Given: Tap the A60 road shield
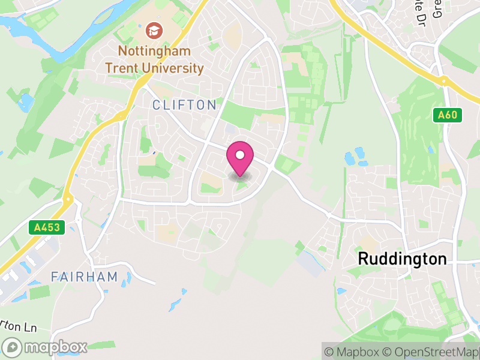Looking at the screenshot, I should click(447, 115).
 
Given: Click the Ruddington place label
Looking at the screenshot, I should click(402, 259).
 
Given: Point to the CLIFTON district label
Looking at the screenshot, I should click(184, 105).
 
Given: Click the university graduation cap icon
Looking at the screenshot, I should click(154, 30).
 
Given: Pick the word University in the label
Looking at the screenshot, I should click(173, 67).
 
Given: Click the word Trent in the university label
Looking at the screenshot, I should click(123, 67).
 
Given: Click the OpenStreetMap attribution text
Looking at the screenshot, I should click(432, 352).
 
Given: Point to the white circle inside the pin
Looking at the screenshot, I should click(240, 155).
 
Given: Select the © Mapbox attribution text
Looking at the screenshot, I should click(353, 352).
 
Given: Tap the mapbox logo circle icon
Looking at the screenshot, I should click(13, 347).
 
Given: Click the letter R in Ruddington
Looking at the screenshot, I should click(362, 259).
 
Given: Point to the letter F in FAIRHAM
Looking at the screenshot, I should click(54, 277).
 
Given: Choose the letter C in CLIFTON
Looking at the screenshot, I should click(157, 105).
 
